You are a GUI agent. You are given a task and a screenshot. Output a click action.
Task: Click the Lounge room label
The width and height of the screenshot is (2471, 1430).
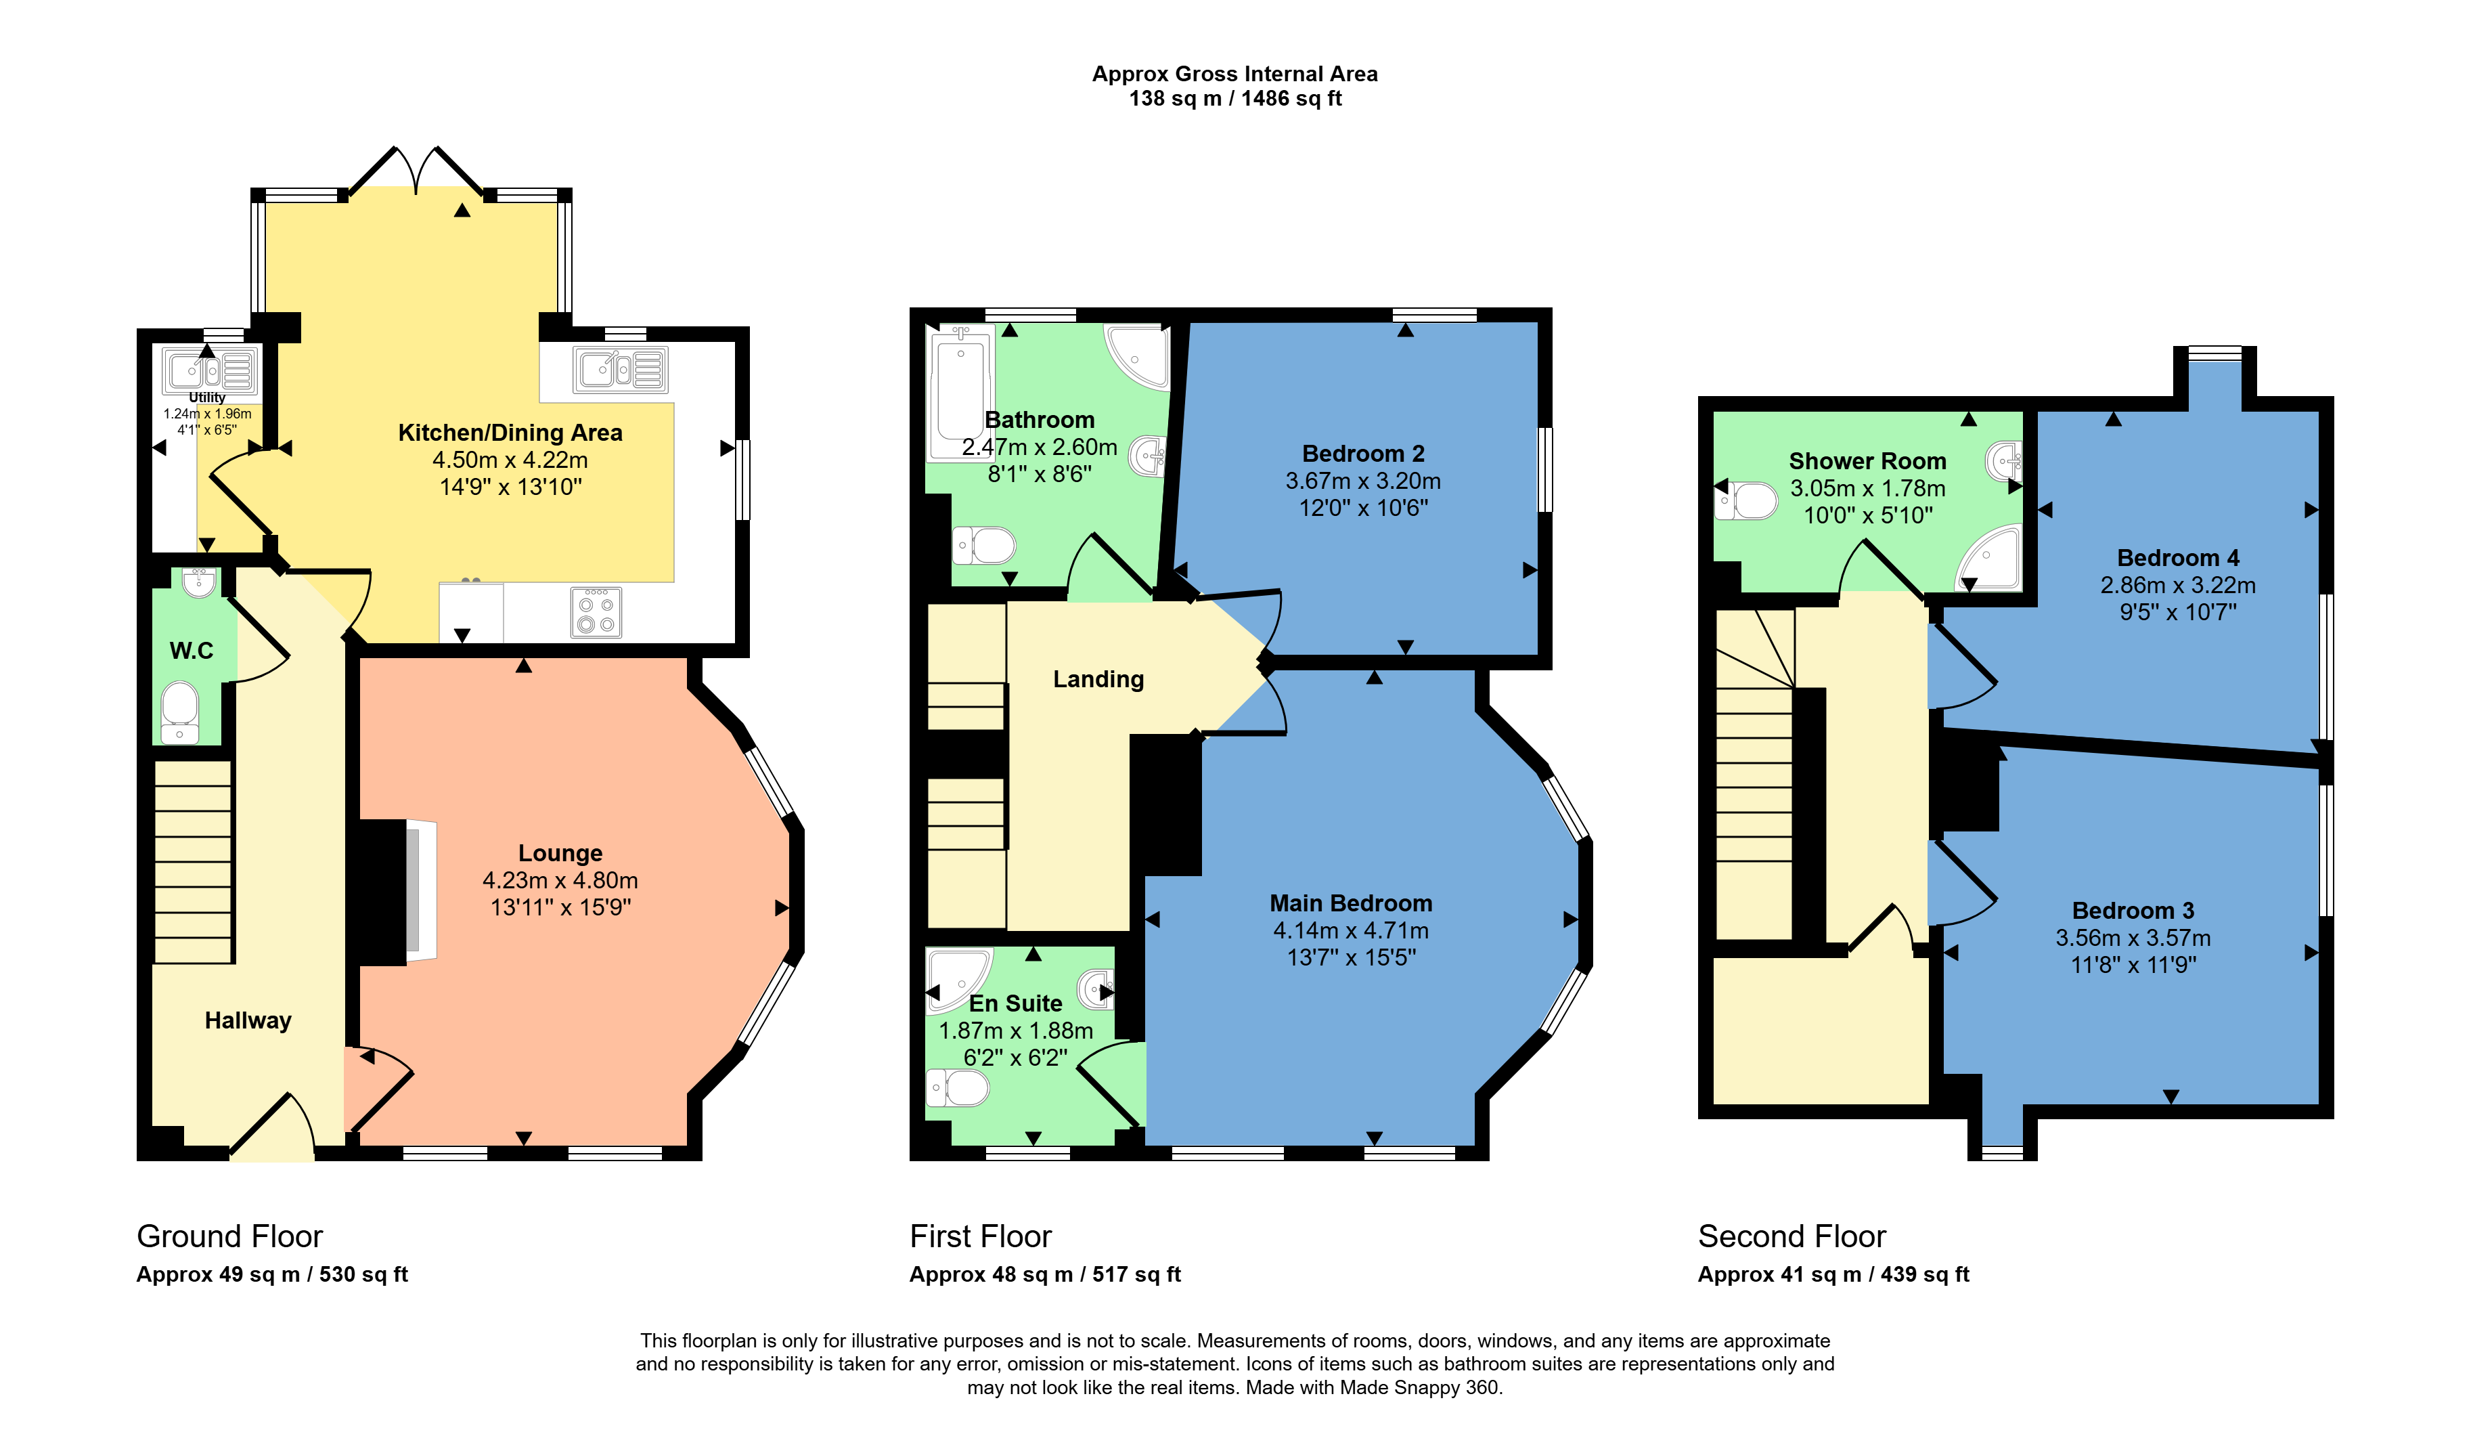pos(560,853)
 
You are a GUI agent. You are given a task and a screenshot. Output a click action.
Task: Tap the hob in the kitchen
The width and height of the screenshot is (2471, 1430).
pos(596,612)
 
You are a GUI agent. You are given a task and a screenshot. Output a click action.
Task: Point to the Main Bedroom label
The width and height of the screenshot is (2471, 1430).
pos(1350,903)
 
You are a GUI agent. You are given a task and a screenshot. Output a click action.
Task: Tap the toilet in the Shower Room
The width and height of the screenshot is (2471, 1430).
pos(1745,501)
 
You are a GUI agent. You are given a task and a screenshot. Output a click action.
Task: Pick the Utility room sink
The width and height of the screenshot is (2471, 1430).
pos(210,372)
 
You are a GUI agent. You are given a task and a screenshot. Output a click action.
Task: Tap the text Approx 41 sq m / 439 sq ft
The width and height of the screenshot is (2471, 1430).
pos(1833,1274)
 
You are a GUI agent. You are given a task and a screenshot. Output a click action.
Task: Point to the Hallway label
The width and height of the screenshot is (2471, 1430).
pos(248,1021)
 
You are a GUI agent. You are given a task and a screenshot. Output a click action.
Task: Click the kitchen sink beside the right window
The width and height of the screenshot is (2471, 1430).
pos(621,370)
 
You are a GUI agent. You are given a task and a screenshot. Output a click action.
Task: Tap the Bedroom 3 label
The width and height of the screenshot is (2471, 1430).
pos(2133,910)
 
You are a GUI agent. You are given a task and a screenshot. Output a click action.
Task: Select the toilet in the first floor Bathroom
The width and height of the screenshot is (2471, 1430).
pos(985,545)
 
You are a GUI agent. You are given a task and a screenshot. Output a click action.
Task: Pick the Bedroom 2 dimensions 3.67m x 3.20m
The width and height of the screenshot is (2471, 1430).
pos(1363,481)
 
